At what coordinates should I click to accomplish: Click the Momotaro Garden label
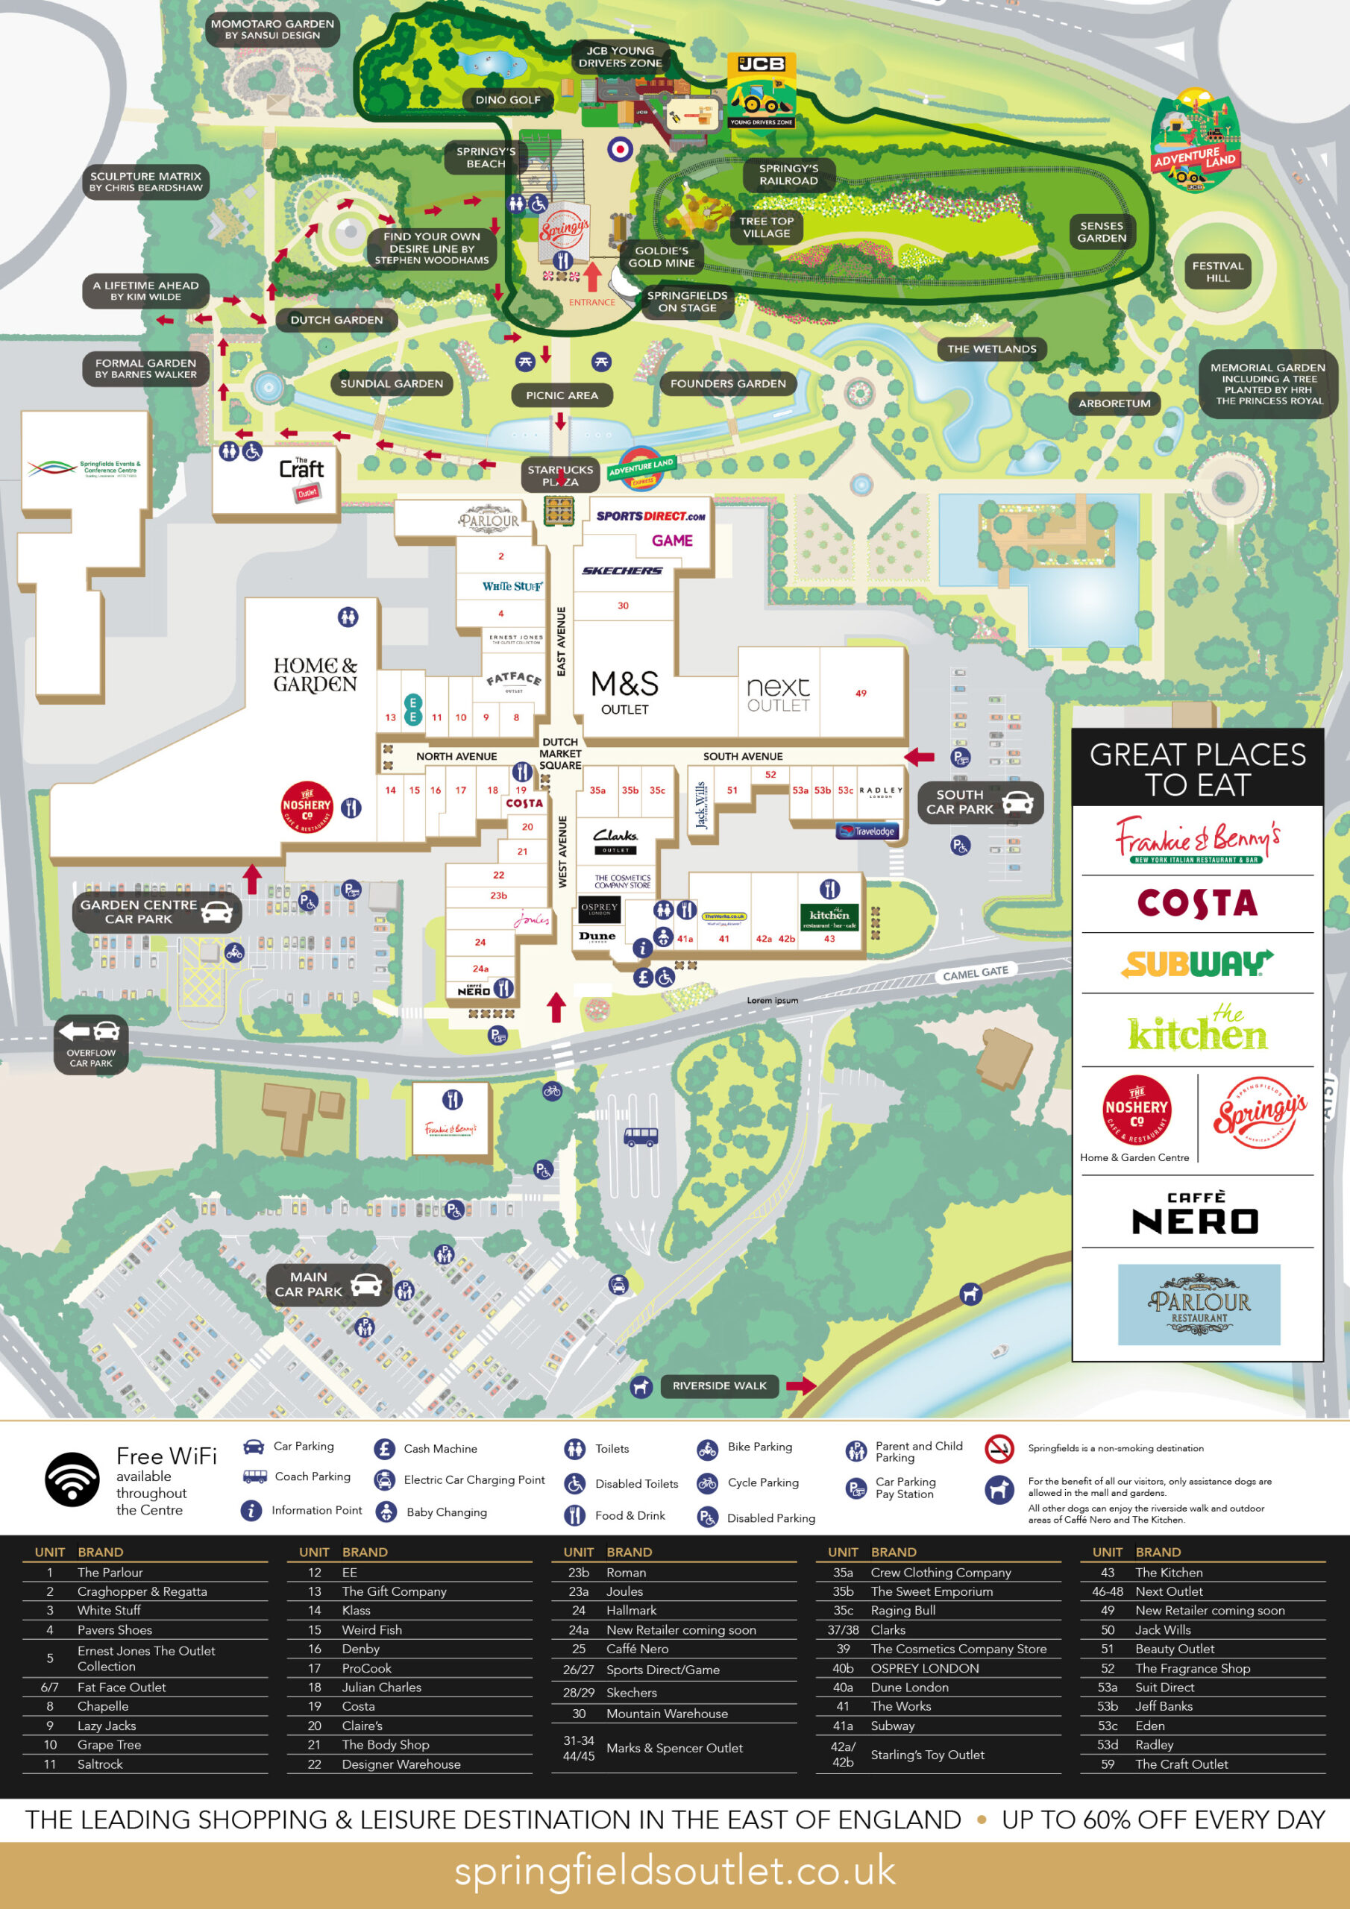pos(272,29)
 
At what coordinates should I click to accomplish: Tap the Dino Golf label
pos(507,100)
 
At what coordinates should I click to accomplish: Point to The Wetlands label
pos(991,349)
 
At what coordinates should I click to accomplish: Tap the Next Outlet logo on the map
pos(778,693)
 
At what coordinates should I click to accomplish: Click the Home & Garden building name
pos(315,674)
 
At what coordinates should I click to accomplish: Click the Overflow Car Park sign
pos(92,1044)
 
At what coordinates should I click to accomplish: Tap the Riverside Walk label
pos(720,1386)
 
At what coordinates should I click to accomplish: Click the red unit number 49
pos(861,693)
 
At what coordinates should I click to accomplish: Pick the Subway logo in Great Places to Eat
pos(1196,963)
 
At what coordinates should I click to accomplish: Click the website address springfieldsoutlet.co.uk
pos(674,1871)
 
